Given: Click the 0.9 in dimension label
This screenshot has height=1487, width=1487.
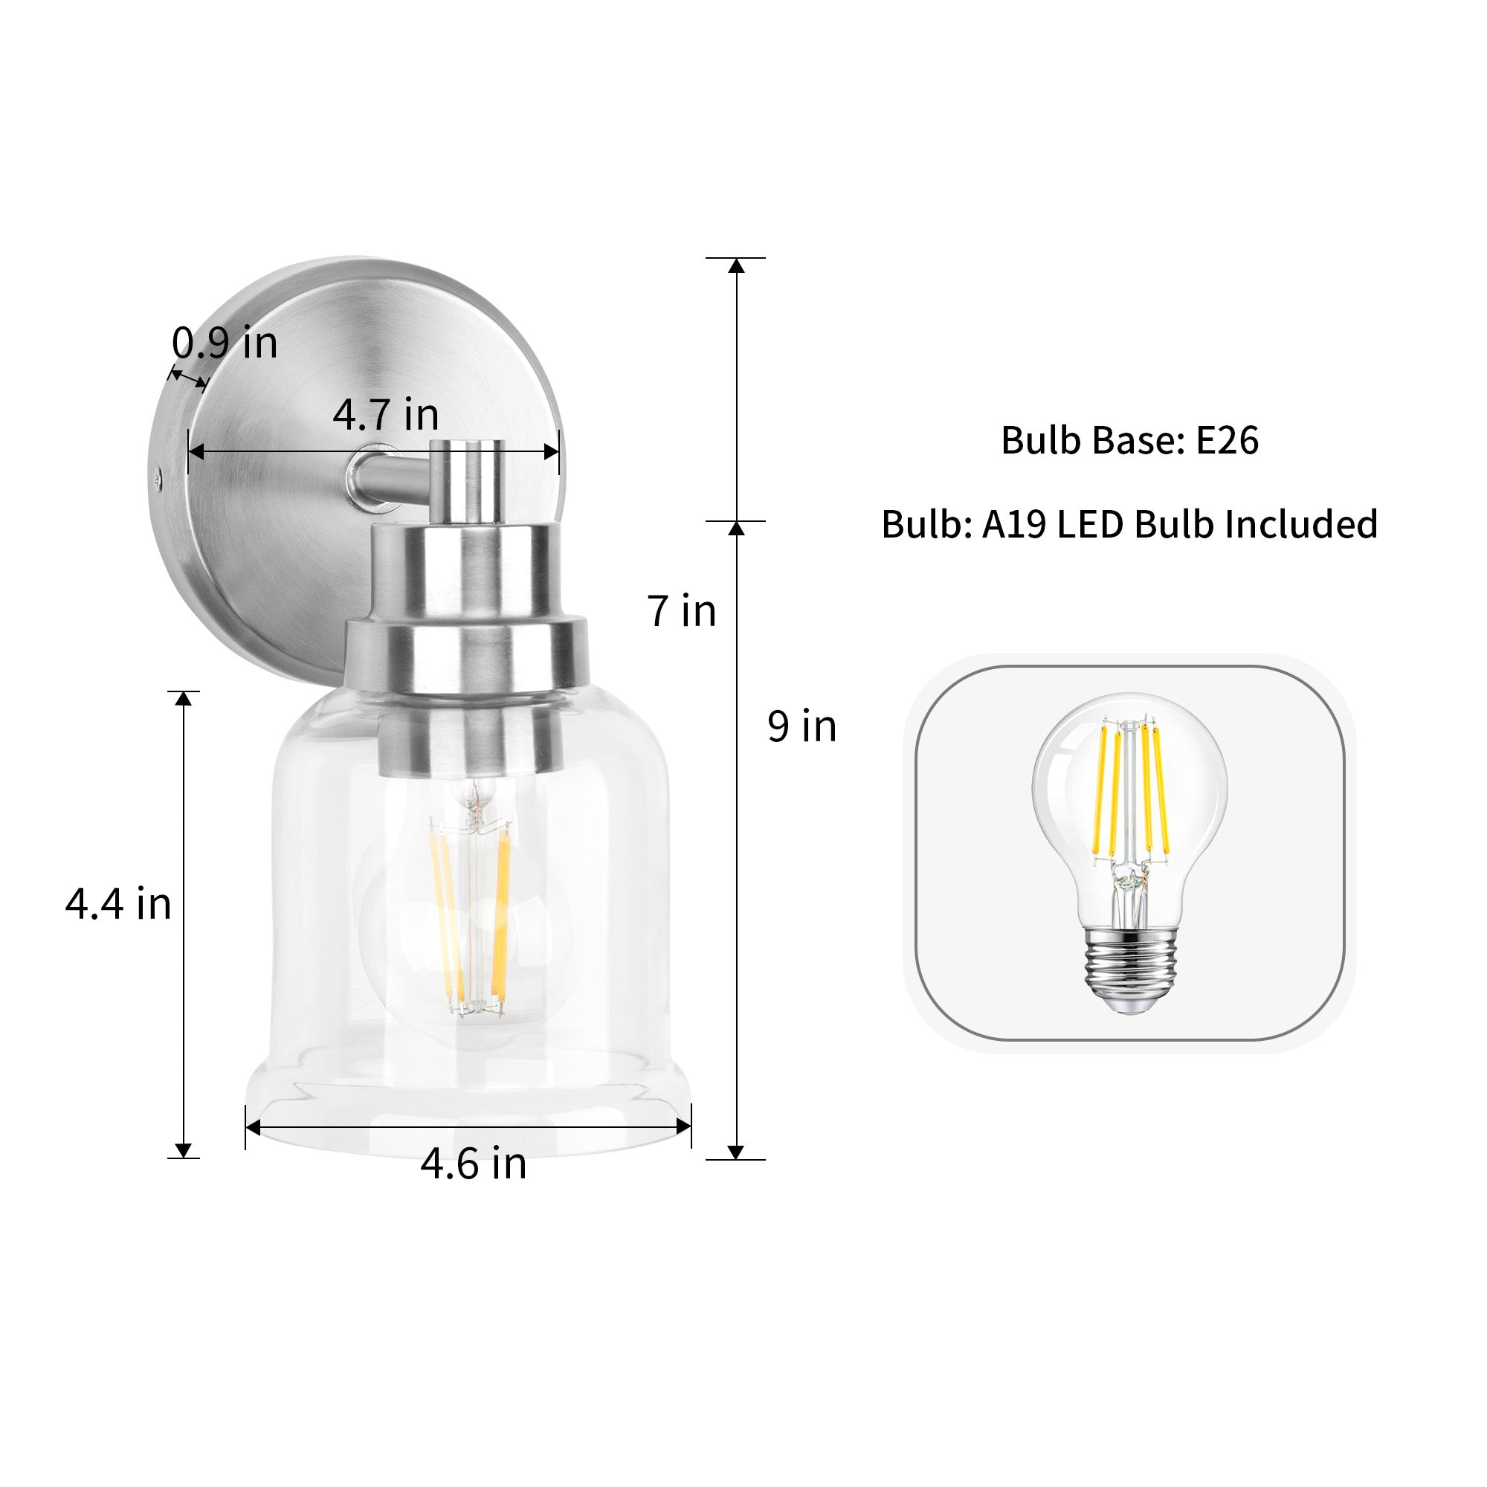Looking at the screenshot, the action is tap(224, 343).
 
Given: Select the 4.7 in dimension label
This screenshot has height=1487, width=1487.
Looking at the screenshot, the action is tap(386, 415).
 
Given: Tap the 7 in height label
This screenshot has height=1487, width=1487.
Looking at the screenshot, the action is tap(682, 611).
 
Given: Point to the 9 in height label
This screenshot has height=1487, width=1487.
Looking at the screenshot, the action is tap(802, 726).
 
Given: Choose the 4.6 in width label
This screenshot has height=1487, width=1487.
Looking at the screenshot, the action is tap(474, 1163).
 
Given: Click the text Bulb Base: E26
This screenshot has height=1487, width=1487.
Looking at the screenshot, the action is tap(1129, 440).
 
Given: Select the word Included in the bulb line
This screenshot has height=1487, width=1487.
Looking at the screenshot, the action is tap(1300, 524).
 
